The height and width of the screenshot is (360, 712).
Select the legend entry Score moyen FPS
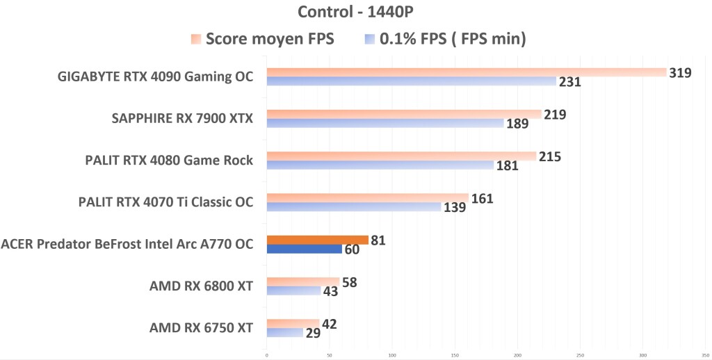271,39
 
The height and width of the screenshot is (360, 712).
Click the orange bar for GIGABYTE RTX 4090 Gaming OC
466,72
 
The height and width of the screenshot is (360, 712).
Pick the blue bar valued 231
411,81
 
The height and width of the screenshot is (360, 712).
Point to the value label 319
680,72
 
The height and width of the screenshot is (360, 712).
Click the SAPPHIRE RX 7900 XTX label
182,118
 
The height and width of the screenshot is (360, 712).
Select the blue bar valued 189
385,123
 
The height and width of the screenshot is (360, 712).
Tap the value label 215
549,156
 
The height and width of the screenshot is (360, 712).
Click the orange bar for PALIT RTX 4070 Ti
367,198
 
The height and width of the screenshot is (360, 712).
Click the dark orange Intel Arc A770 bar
317,240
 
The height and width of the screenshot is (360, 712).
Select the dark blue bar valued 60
304,249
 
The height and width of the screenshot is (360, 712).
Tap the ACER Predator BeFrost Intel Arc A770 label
127,244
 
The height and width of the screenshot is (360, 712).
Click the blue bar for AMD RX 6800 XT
293,291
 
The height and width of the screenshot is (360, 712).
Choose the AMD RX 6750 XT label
201,327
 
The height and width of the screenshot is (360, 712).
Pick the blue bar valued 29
284,332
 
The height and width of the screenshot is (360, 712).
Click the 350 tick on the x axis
705,354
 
